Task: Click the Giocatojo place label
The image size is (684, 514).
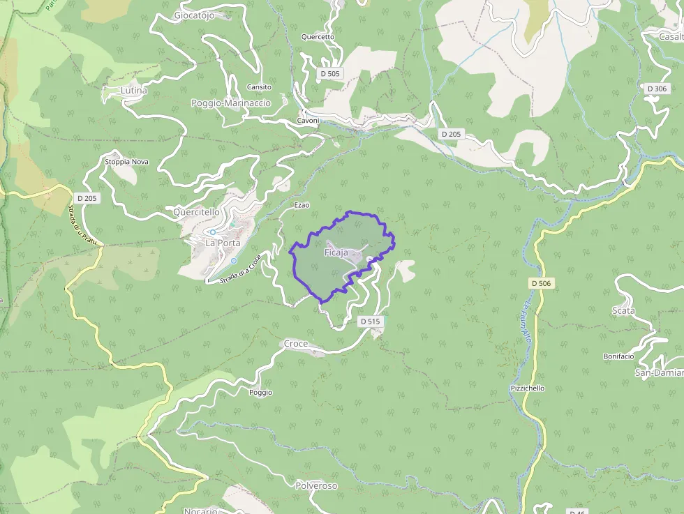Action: [193, 15]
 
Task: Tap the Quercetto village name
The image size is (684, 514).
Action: [318, 37]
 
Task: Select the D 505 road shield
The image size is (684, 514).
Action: [329, 73]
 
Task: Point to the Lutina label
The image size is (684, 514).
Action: [134, 91]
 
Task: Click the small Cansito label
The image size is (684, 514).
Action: [259, 87]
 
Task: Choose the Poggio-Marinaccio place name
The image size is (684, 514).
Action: [230, 103]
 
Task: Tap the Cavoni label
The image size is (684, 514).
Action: [308, 121]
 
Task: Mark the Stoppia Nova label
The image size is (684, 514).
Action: [126, 162]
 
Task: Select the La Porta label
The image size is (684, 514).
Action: [223, 243]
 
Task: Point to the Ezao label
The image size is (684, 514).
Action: [302, 205]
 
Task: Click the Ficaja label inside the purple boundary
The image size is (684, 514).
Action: [336, 252]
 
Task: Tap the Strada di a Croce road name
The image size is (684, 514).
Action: [240, 269]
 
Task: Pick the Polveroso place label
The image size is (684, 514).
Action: [316, 485]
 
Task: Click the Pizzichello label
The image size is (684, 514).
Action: [527, 388]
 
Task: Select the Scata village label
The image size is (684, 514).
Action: [623, 310]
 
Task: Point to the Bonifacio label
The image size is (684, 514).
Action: [618, 356]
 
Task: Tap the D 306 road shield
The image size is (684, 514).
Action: [657, 89]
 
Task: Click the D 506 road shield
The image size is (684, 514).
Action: [541, 283]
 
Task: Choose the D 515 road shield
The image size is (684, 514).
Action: [370, 322]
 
